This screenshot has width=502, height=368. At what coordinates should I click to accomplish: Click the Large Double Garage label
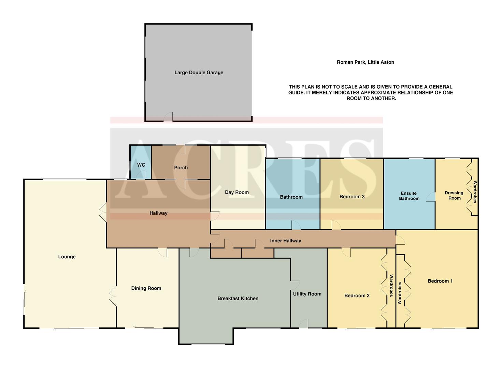point(199,73)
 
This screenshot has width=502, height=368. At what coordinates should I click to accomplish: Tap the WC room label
point(141,165)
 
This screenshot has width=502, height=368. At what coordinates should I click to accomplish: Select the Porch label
point(181,168)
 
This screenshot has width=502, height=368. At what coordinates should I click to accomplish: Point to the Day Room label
point(236,193)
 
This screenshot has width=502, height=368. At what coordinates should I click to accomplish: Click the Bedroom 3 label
point(352,197)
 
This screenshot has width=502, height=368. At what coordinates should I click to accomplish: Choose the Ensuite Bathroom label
point(409,196)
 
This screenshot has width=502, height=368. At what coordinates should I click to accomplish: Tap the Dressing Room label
point(454,195)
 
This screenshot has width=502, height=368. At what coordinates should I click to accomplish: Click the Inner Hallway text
point(285,241)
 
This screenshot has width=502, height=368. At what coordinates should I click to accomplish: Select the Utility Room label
point(307,294)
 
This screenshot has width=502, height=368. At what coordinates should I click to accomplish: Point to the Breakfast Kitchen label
point(238,298)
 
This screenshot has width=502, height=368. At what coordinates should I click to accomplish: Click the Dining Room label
point(146,288)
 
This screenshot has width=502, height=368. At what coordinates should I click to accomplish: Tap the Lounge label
point(67,257)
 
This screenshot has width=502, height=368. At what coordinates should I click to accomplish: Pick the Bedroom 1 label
point(440,281)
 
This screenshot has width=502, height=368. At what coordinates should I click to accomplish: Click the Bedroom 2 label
point(357,296)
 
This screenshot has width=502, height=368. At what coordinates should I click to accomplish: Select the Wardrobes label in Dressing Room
point(474,192)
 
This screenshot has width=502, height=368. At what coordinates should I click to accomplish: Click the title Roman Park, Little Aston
point(365,62)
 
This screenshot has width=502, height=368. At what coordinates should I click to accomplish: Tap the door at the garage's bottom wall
point(168,118)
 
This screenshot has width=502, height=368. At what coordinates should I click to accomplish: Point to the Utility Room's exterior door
point(304,324)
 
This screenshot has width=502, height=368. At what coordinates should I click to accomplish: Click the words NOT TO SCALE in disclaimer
point(329,87)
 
